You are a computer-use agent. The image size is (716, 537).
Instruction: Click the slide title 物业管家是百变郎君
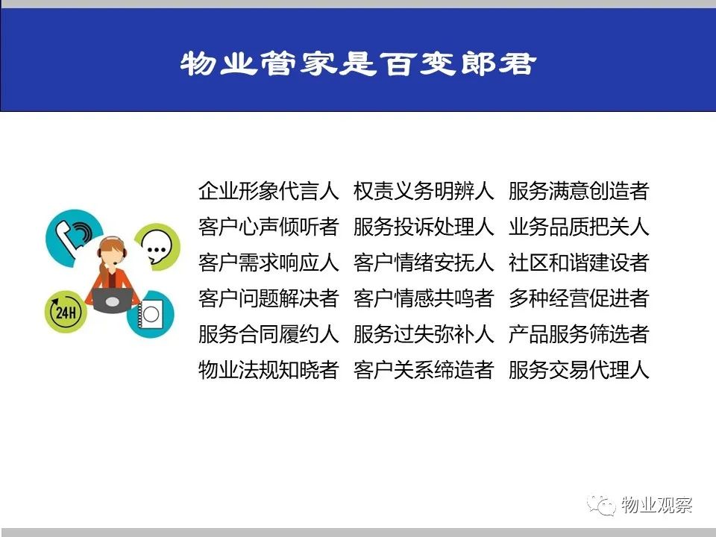(x=358, y=63)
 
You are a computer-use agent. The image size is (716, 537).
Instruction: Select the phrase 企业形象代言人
(x=268, y=191)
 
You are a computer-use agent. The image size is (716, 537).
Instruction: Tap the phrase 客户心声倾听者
(x=268, y=227)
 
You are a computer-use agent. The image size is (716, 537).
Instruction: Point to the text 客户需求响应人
(x=268, y=263)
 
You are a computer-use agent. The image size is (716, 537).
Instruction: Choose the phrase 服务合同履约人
(x=268, y=334)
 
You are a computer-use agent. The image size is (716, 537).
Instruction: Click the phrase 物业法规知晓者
(x=268, y=369)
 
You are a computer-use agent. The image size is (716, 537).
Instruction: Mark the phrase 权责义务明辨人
(x=424, y=191)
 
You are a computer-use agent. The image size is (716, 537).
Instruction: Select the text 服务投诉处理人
(x=424, y=227)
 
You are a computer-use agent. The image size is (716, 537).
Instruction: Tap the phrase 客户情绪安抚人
(x=424, y=263)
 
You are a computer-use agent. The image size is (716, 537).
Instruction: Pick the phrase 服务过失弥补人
(x=424, y=334)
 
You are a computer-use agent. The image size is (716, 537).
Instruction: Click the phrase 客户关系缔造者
(x=424, y=369)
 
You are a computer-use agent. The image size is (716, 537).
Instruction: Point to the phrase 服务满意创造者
(x=579, y=191)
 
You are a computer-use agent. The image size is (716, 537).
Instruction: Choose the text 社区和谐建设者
(x=579, y=263)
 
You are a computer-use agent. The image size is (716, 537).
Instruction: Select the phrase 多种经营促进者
(x=579, y=298)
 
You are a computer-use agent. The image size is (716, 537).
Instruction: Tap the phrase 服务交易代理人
(x=579, y=369)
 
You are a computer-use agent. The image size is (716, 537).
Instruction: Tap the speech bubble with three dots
(x=157, y=247)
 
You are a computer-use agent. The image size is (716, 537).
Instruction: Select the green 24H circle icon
(x=66, y=312)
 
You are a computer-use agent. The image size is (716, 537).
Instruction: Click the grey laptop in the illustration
(x=113, y=300)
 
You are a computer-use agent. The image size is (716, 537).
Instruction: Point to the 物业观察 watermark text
(x=656, y=505)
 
